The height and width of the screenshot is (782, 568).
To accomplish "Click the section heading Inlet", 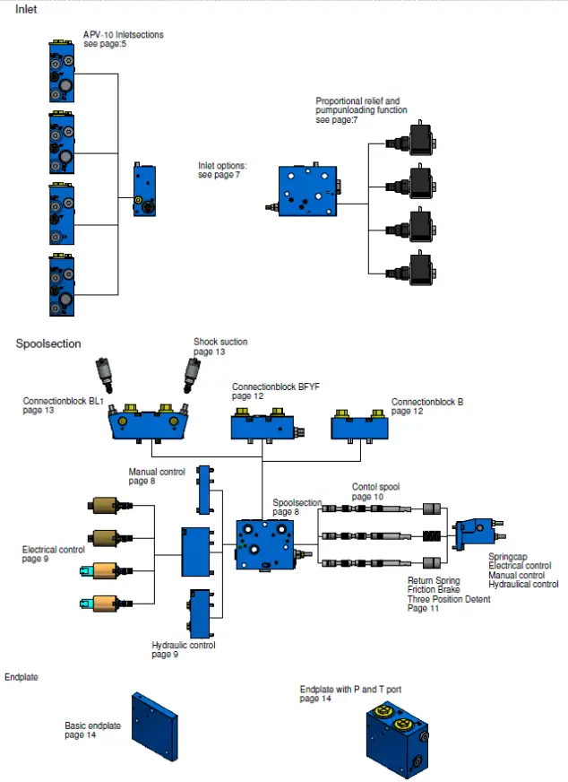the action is point(26,9).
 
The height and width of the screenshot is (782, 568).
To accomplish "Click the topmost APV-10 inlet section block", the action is point(62,72).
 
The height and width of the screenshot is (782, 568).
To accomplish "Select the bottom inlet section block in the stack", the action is point(62,285).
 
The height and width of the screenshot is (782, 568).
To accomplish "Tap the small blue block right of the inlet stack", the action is point(144,189).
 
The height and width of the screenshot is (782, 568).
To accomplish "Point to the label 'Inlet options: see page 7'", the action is point(222,170).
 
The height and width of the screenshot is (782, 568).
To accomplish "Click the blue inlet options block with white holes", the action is point(307,190).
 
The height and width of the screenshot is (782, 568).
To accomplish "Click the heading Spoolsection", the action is point(48,343).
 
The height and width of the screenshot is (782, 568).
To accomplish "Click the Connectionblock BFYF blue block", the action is point(267,425).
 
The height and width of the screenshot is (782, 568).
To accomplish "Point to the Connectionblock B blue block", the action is point(360,426).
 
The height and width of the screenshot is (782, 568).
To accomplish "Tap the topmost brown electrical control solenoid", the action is point(109,505).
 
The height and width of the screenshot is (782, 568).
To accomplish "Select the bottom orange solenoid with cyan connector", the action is point(106,603).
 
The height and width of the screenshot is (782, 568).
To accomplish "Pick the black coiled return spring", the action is point(432,536).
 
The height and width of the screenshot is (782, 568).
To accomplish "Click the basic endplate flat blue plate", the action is point(155,726).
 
